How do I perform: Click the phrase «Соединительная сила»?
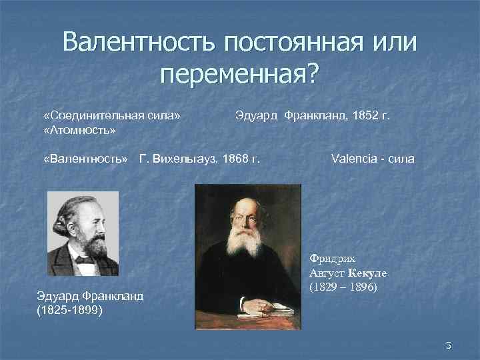click(x=111, y=116)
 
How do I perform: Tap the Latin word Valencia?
click(x=353, y=159)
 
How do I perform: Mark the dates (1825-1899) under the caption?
click(x=69, y=310)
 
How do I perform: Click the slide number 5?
click(x=449, y=345)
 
